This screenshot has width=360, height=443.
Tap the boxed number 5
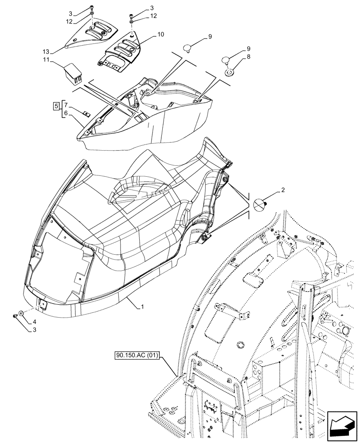point(56,106)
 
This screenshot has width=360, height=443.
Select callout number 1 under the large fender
point(142,307)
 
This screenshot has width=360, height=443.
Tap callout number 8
point(249,57)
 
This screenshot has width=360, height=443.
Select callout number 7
point(66,105)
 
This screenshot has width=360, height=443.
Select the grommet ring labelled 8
point(230,71)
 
